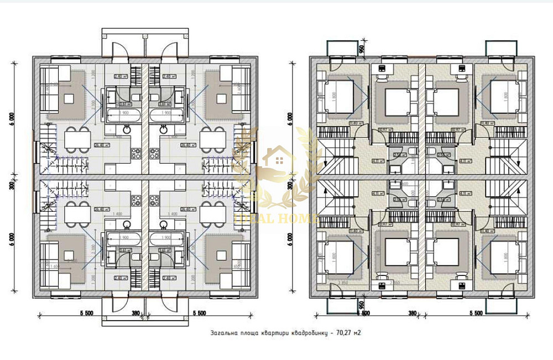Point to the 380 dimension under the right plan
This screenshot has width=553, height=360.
tap(413, 313)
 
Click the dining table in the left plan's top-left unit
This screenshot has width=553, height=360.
tap(77, 139)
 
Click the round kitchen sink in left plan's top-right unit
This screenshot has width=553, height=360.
tap(164, 129)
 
